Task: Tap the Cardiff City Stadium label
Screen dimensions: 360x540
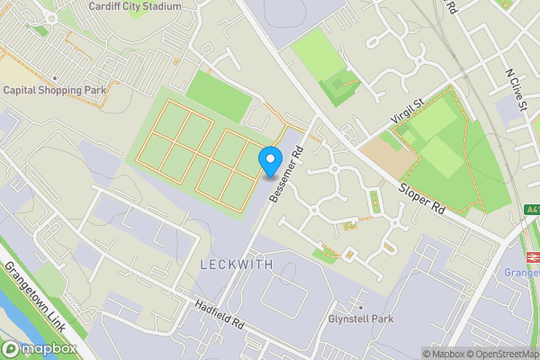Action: click(134, 6)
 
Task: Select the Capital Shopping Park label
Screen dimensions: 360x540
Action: click(55, 90)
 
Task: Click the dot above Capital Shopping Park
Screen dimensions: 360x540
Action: click(55, 77)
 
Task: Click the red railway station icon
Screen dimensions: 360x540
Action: click(532, 255)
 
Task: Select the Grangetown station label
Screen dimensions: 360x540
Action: click(522, 272)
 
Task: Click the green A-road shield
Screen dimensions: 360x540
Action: click(532, 210)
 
